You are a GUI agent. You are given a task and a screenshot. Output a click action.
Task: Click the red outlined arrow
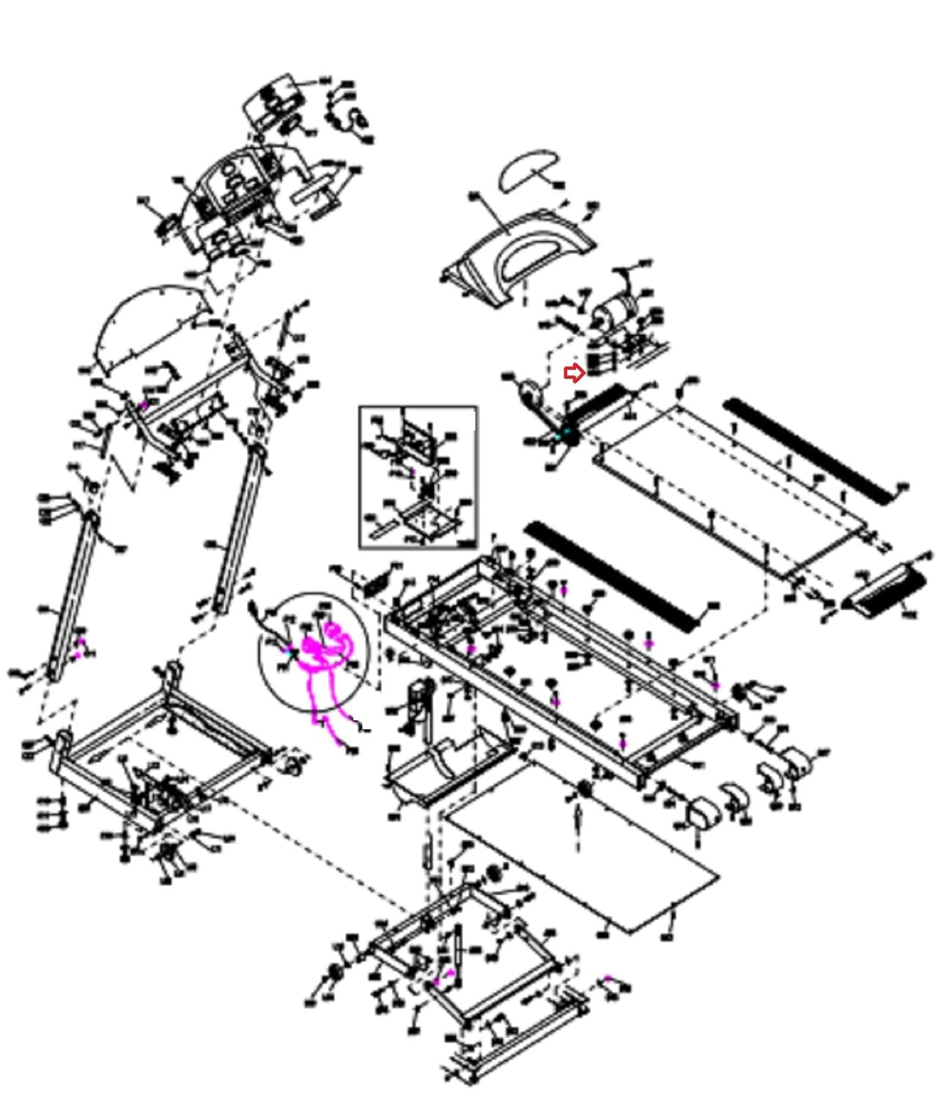coord(575,374)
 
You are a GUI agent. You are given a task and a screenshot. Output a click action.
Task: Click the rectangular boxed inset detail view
coord(418,476)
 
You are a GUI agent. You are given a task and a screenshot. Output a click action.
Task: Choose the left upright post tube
coord(70,593)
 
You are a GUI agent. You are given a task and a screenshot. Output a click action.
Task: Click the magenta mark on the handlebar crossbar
coord(144,405)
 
